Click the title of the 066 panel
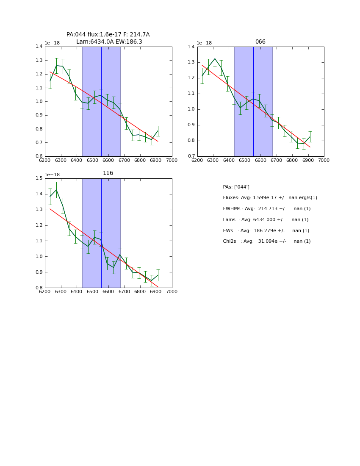pos(260,42)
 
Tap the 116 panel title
pos(108,173)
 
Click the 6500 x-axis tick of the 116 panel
pos(92,291)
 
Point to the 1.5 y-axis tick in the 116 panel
pos(39,178)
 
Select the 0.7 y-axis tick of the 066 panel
pos(191,156)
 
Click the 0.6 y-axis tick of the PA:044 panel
pos(39,156)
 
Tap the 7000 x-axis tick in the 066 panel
pos(324,160)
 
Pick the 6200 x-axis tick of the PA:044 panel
pos(45,160)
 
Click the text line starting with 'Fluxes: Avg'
pos(270,198)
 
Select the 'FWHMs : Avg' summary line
pos(266,209)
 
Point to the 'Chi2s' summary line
pos(266,241)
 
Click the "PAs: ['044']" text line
pos(236,187)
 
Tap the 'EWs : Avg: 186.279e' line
pos(266,231)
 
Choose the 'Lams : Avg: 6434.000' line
pos(266,220)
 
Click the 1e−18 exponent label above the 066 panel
pos(204,43)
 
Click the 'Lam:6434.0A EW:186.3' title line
pos(109,42)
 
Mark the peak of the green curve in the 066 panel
pos(215,58)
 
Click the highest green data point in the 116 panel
pos(56,190)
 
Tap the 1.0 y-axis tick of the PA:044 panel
pos(39,102)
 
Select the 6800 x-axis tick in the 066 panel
pos(292,160)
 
